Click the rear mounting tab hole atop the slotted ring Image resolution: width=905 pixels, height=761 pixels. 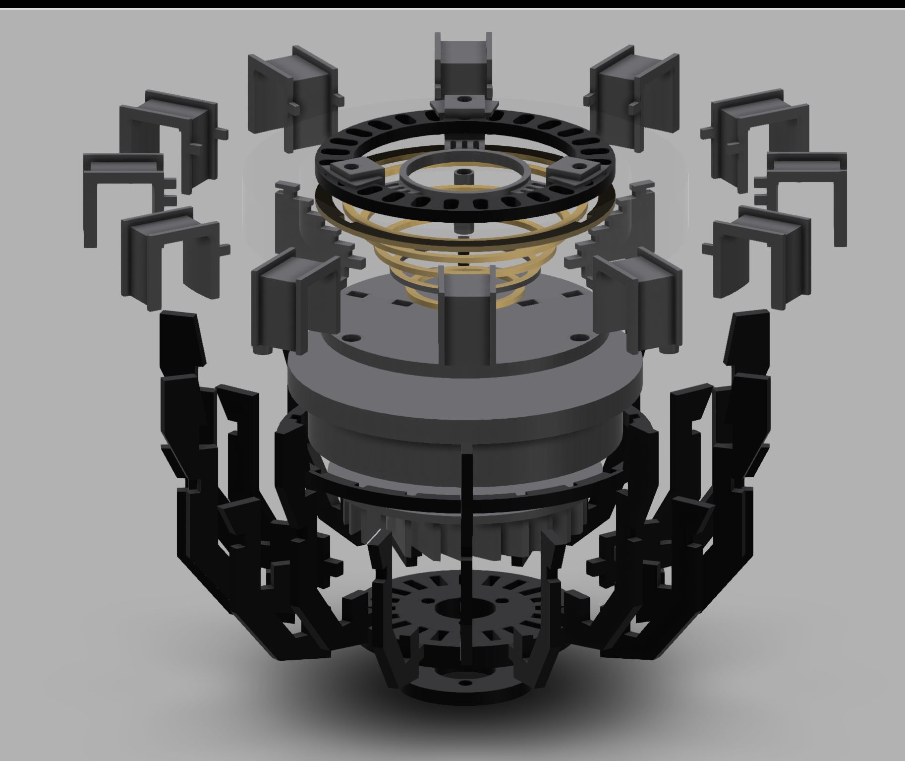click(x=464, y=100)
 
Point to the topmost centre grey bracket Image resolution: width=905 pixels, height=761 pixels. click(x=463, y=60)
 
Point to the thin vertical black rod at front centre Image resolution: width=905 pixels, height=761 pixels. click(x=465, y=521)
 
